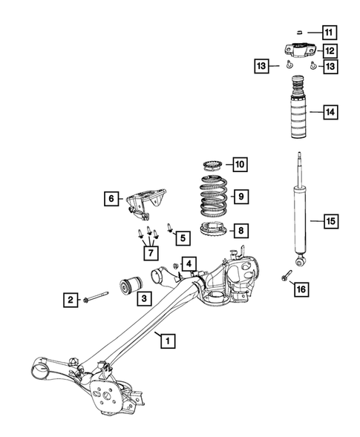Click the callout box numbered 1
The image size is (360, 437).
tap(168, 341)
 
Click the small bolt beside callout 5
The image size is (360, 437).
tap(169, 229)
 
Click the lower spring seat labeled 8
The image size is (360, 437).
tap(216, 230)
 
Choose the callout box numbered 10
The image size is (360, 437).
tap(240, 164)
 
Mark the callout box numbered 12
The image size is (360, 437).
tap(329, 51)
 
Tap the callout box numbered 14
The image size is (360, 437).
tap(329, 114)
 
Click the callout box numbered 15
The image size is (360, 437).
tap(329, 220)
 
